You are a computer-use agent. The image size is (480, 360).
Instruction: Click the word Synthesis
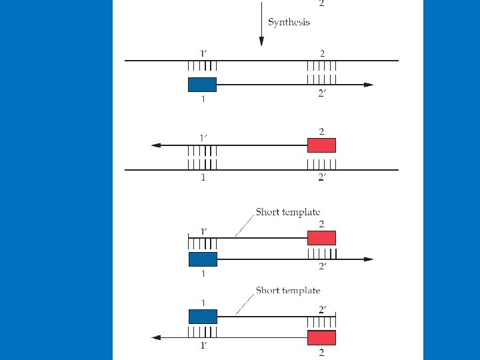tap(289, 22)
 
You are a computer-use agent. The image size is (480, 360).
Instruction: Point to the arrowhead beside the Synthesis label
tap(261, 41)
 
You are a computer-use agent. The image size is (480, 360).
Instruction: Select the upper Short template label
tap(288, 213)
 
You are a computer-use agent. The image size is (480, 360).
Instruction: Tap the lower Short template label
tap(288, 291)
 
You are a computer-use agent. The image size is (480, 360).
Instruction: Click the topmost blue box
tap(202, 85)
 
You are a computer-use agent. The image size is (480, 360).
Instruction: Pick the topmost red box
tap(321, 145)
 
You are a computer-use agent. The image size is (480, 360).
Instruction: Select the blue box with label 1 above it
tap(202, 317)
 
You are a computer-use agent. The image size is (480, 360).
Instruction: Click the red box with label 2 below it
tap(321, 337)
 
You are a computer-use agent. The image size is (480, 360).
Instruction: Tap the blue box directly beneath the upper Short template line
tap(202, 259)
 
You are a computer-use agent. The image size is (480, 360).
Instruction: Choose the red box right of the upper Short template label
tap(321, 238)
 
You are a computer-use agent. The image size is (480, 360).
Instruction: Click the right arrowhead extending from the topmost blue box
tap(369, 85)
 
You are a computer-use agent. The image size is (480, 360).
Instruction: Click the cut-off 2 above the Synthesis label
tap(322, 3)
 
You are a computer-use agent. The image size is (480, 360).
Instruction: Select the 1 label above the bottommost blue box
tap(203, 303)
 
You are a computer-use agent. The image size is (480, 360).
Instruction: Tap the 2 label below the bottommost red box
tap(322, 351)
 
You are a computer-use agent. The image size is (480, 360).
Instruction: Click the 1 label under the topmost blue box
tap(203, 99)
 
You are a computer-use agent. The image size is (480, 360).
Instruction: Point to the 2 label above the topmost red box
tap(322, 131)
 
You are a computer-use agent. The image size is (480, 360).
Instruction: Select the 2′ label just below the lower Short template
tap(321, 308)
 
